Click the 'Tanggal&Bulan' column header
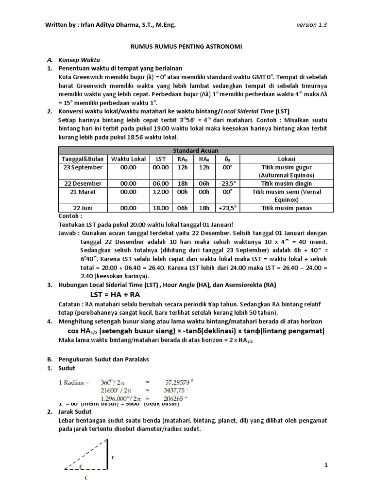(x=82, y=159)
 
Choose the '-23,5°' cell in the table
(x=227, y=183)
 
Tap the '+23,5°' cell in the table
(x=227, y=208)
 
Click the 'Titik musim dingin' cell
(x=287, y=183)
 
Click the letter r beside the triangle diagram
(x=113, y=457)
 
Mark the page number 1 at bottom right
(x=327, y=465)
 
